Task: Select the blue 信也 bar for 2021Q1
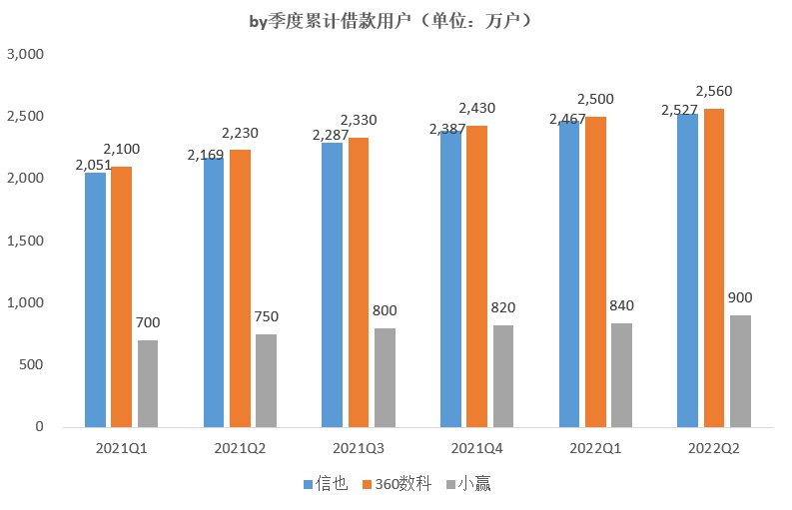[95, 299]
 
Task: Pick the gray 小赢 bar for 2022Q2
[740, 371]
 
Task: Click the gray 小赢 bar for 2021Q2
[266, 380]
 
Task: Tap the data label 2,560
[714, 91]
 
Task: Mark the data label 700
[148, 322]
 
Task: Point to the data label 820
[502, 307]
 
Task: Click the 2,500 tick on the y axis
[25, 117]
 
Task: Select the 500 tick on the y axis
[32, 365]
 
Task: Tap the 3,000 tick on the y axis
[25, 55]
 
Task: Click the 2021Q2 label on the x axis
[240, 448]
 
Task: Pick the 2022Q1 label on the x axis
[595, 448]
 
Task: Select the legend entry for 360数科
[396, 484]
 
